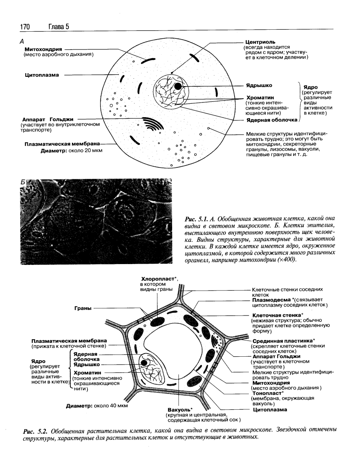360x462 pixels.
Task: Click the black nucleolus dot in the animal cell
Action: (x=178, y=86)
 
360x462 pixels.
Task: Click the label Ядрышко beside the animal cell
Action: (x=259, y=85)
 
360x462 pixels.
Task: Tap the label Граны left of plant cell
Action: (x=82, y=307)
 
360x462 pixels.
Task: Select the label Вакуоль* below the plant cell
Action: (x=177, y=409)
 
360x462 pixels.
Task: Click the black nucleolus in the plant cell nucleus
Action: (x=145, y=363)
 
